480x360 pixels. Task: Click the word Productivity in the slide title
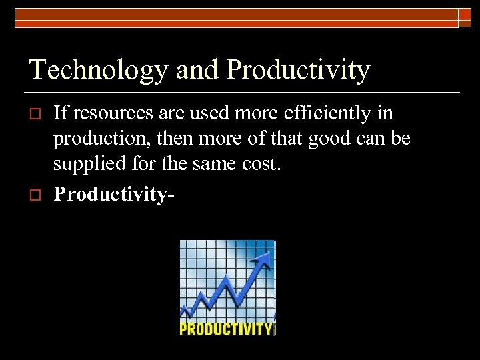point(298,70)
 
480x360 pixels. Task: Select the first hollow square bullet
point(37,114)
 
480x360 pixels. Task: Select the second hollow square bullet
point(37,194)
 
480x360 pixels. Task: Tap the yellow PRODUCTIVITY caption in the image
point(226,329)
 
